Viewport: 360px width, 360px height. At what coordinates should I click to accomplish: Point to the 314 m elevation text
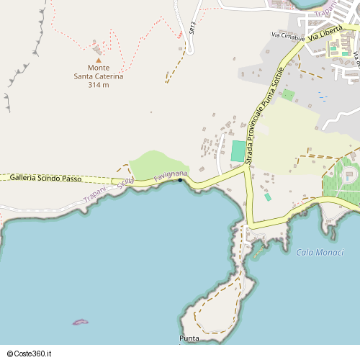click(x=99, y=85)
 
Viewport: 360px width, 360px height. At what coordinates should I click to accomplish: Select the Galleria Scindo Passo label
click(x=45, y=178)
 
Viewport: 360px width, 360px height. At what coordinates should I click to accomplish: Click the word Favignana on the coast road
click(x=171, y=176)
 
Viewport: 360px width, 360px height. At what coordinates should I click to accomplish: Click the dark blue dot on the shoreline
click(x=180, y=180)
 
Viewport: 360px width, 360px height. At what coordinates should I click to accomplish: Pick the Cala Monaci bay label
click(x=320, y=252)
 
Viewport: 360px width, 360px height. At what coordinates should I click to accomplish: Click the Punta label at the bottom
click(x=189, y=338)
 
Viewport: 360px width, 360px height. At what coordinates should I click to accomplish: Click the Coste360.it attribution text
click(x=30, y=354)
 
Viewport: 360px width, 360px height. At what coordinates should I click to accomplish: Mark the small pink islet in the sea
click(x=81, y=322)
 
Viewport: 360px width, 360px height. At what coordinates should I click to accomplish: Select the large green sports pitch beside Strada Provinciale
click(x=238, y=151)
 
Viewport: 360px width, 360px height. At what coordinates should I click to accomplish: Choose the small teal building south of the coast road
click(x=268, y=197)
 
